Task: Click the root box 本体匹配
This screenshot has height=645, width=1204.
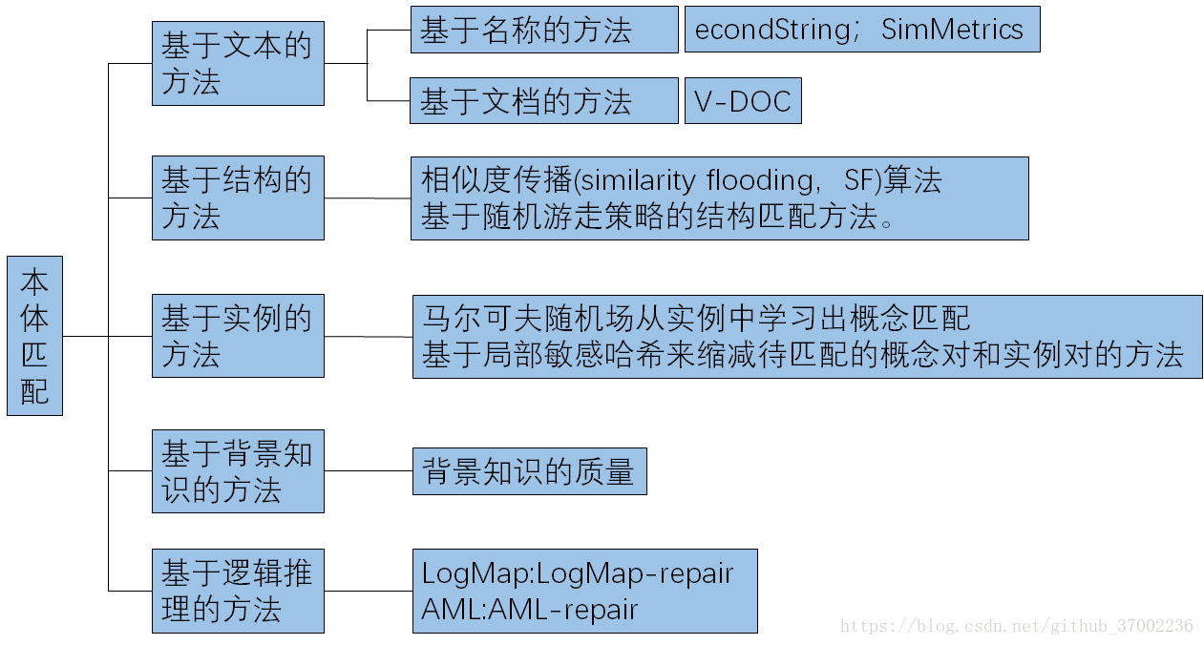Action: (34, 336)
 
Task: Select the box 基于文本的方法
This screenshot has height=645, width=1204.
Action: (238, 63)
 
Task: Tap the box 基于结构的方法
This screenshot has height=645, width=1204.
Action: (238, 198)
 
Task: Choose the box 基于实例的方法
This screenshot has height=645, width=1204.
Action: (238, 336)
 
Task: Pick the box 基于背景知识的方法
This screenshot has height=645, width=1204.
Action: (238, 471)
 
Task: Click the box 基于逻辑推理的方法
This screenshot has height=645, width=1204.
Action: (238, 591)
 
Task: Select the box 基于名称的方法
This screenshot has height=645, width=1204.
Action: (543, 30)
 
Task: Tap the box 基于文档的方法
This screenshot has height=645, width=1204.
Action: (543, 101)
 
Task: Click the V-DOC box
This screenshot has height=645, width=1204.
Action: (743, 101)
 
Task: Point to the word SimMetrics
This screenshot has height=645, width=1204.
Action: (952, 30)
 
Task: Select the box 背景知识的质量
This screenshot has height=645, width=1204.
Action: (529, 471)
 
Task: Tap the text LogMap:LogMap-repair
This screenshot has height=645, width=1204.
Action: (578, 573)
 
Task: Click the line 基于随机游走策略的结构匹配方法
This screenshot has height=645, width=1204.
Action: (659, 217)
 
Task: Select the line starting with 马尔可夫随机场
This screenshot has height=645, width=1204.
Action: (696, 318)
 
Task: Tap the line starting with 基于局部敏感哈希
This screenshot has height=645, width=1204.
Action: (802, 355)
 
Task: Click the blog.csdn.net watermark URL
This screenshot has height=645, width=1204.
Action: (1016, 626)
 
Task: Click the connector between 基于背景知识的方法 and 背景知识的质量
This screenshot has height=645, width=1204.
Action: (368, 471)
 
